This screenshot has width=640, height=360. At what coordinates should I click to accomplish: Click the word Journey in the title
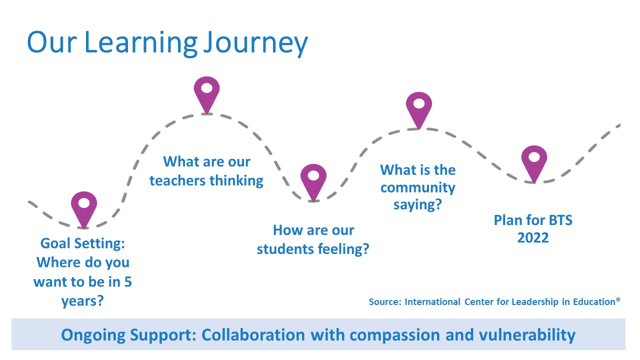pos(255,43)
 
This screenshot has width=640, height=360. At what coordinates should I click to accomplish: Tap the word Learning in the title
pos(141,43)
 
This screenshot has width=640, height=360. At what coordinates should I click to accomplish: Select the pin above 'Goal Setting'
pos(84,209)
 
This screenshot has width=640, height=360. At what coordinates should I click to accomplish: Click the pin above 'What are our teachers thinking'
pos(206,95)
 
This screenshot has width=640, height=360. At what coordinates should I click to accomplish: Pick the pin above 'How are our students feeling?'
pos(313,182)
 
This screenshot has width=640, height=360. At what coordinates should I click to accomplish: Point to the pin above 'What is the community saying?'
pos(419,110)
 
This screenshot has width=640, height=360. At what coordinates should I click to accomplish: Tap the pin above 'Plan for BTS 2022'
pos(534,164)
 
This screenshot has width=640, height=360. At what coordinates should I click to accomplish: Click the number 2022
pos(533,237)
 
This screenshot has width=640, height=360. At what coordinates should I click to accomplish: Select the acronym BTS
pos(560,220)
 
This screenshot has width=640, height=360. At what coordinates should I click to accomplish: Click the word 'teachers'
pos(177,181)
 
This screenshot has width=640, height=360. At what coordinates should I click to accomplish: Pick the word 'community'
pos(417,188)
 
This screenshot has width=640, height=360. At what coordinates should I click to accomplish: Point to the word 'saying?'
pos(417,205)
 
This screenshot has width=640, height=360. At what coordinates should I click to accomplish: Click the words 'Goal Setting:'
pos(82,243)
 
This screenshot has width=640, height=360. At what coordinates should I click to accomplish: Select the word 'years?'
pos(82,301)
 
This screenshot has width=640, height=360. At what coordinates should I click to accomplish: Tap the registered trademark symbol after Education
pos(618,299)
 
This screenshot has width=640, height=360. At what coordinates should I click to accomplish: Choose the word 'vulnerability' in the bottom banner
pos(527,335)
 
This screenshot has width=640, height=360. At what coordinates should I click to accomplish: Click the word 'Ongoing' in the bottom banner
pos(93,335)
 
